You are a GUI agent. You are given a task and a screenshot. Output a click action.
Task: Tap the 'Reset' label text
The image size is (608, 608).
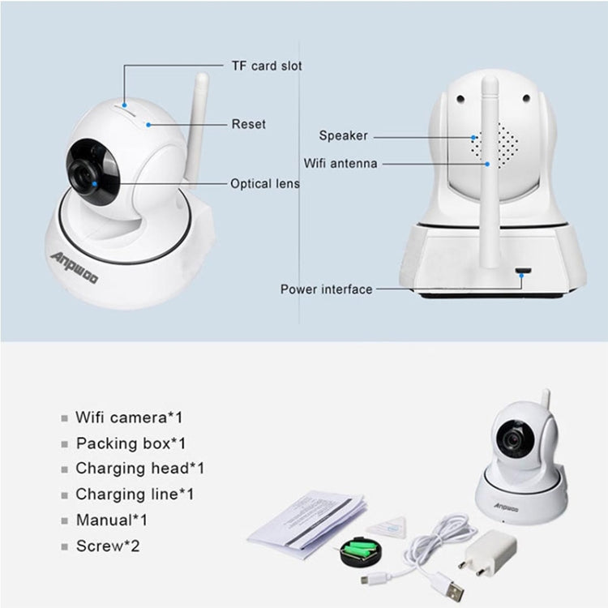coord(248,124)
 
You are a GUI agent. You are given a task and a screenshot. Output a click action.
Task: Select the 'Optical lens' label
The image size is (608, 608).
coord(264,184)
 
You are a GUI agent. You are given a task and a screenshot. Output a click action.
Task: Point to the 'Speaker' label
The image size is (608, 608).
coord(343,136)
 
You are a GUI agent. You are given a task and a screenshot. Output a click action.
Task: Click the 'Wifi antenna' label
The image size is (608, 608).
coord(340,164)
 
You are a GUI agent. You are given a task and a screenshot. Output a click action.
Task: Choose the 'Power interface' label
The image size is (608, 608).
coord(327,289)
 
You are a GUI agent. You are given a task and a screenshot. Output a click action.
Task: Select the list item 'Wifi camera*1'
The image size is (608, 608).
coord(129,418)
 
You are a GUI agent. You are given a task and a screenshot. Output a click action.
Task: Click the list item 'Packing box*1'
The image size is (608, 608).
coord(131,443)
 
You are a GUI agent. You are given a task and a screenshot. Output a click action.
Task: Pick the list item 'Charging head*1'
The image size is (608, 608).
coord(139,469)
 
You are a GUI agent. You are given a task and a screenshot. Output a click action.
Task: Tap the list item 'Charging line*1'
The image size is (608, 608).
coord(135,494)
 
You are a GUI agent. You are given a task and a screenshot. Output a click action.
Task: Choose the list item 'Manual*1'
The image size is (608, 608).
coord(112,520)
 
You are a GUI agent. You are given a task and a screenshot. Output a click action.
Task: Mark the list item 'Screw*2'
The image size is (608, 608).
coord(108,546)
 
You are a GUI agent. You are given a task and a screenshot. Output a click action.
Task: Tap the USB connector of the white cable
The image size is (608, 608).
coord(446,581)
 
